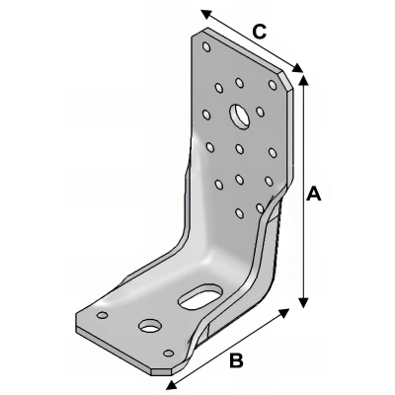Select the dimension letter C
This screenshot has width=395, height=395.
[x=257, y=31]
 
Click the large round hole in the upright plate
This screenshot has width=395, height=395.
[x=240, y=115]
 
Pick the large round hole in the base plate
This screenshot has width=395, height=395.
[x=150, y=324]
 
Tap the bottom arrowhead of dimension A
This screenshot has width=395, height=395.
[x=303, y=302]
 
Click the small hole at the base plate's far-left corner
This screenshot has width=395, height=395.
[x=100, y=317]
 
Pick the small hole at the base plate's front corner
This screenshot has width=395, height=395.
[x=168, y=353]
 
